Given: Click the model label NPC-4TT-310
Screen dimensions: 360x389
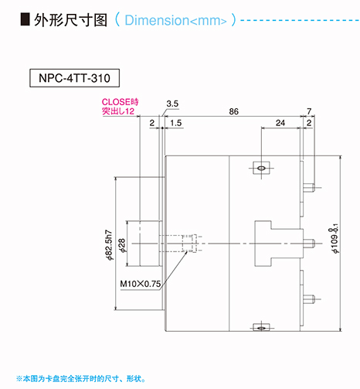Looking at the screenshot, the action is coord(74,78).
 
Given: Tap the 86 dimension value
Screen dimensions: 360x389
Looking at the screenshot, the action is coord(234,111).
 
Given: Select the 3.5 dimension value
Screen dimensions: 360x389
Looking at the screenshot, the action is coord(172,104).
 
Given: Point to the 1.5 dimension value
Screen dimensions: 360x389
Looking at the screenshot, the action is coord(176,123).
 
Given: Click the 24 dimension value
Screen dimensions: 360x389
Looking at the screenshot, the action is coord(280,123).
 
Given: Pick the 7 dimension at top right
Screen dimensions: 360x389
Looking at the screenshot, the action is coord(309,111).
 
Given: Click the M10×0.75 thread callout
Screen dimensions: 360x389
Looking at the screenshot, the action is coord(141,284).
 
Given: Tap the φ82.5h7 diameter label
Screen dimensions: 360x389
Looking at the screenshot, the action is coord(110,245).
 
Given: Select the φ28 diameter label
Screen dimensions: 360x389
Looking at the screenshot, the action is coord(122,245).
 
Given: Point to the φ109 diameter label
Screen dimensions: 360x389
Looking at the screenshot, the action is coord(335,239).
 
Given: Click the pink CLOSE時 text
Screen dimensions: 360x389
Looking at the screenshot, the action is coord(120,102).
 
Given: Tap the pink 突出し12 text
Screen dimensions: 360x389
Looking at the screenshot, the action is coord(118,111).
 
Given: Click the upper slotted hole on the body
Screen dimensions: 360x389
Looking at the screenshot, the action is coord(261,168).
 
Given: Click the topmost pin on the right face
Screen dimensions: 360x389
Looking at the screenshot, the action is coord(308,187).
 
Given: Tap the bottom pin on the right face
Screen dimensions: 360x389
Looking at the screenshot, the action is coord(308,299).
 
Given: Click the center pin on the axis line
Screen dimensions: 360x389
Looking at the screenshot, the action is coord(309,244).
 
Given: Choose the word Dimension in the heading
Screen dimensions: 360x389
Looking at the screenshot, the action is coord(157,20).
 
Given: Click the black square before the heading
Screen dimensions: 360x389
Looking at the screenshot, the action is coord(25,19).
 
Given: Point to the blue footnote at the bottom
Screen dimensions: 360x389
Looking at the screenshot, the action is coord(80,379).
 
